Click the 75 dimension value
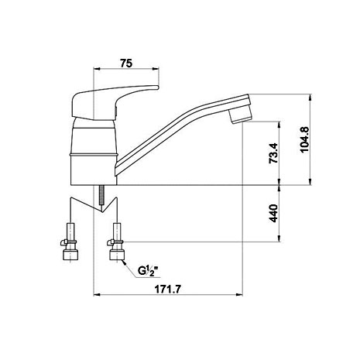126,63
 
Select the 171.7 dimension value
168,290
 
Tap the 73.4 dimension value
273,153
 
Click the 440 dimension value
273,213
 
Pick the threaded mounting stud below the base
102,195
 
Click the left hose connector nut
70,255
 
